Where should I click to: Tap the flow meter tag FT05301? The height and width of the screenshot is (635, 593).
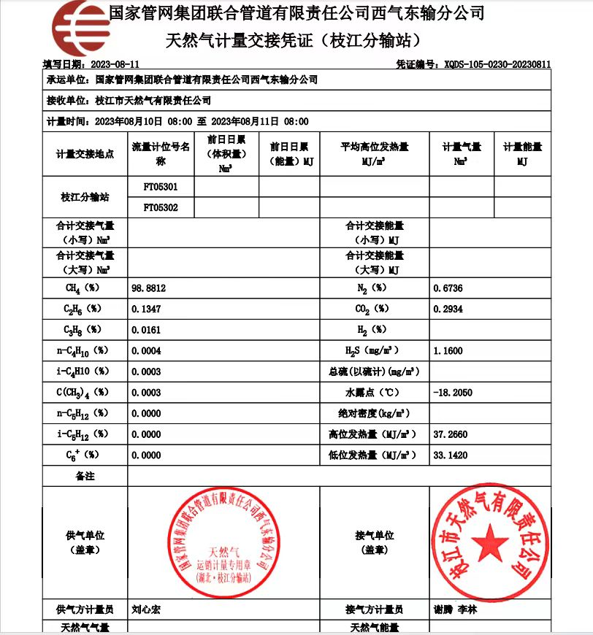coord(160,187)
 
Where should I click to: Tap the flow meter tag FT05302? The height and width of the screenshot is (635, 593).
coord(160,208)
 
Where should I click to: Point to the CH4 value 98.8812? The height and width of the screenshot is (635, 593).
coord(149,288)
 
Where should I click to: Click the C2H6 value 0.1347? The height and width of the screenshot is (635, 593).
coord(146,309)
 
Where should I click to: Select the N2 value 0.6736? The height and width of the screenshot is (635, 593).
coord(448,288)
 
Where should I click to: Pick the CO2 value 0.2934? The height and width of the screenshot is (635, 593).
coord(448,309)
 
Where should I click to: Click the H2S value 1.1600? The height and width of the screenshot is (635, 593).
coord(448,351)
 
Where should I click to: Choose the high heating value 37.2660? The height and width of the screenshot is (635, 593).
coord(450,434)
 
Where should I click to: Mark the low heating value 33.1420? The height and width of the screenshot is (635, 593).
coord(450,455)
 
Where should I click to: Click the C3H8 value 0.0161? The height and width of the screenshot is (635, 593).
coord(146,330)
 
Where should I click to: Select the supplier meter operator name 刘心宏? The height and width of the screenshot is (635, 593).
coord(146,609)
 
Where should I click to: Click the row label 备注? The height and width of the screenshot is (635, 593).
coord(85,476)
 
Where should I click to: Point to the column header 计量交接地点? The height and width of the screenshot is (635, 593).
coord(85,154)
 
